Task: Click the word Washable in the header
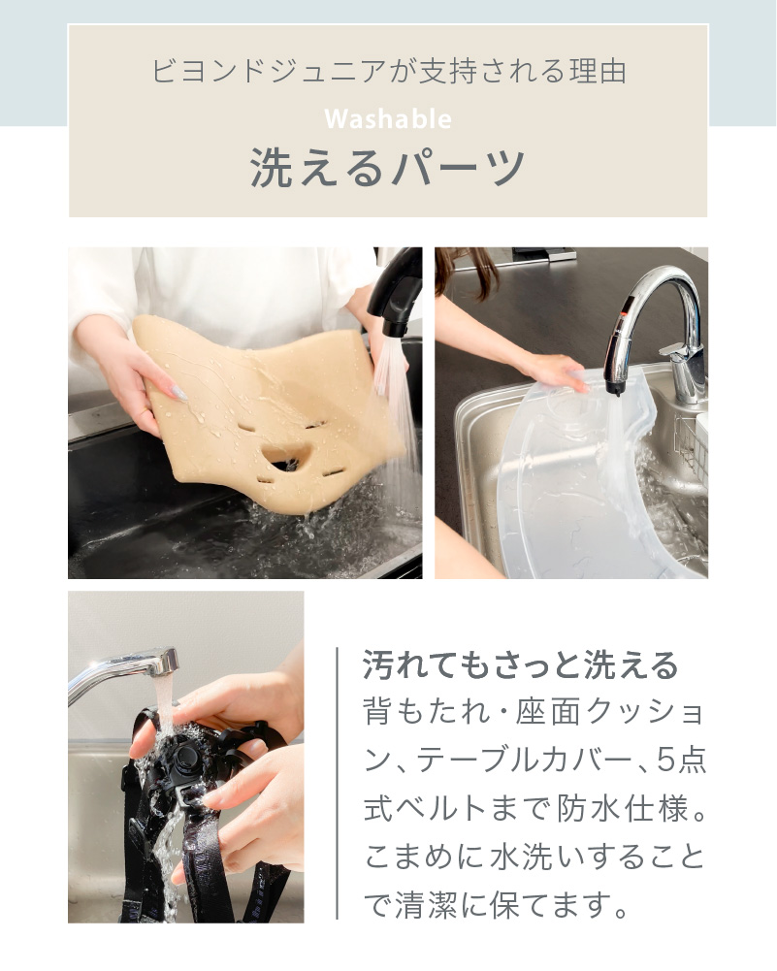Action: (388, 118)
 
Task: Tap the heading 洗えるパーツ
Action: (388, 167)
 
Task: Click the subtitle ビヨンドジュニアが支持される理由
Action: (388, 72)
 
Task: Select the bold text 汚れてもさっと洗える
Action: (520, 666)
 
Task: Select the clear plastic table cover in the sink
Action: (572, 475)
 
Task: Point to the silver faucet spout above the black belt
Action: (126, 670)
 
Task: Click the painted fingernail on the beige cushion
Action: (180, 392)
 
